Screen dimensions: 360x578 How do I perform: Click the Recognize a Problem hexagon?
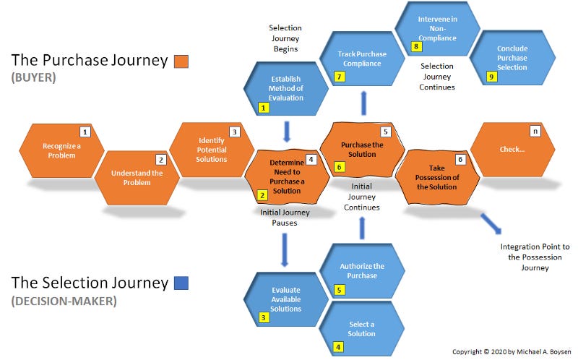(61, 150)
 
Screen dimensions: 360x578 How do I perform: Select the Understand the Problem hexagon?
(137, 178)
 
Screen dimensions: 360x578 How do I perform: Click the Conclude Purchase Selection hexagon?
(512, 58)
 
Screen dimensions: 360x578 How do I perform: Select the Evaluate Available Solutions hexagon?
(285, 299)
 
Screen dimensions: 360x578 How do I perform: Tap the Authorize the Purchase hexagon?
(362, 271)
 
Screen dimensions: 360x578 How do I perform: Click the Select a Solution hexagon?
(361, 328)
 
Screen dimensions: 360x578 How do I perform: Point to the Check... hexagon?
(512, 150)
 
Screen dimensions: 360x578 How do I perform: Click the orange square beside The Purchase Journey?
(181, 61)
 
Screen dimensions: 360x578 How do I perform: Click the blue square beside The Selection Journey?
(181, 283)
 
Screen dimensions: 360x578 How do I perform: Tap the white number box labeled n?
(535, 132)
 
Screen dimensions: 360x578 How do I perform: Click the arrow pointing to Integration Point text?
(491, 223)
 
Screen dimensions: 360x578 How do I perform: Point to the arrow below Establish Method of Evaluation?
(286, 131)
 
